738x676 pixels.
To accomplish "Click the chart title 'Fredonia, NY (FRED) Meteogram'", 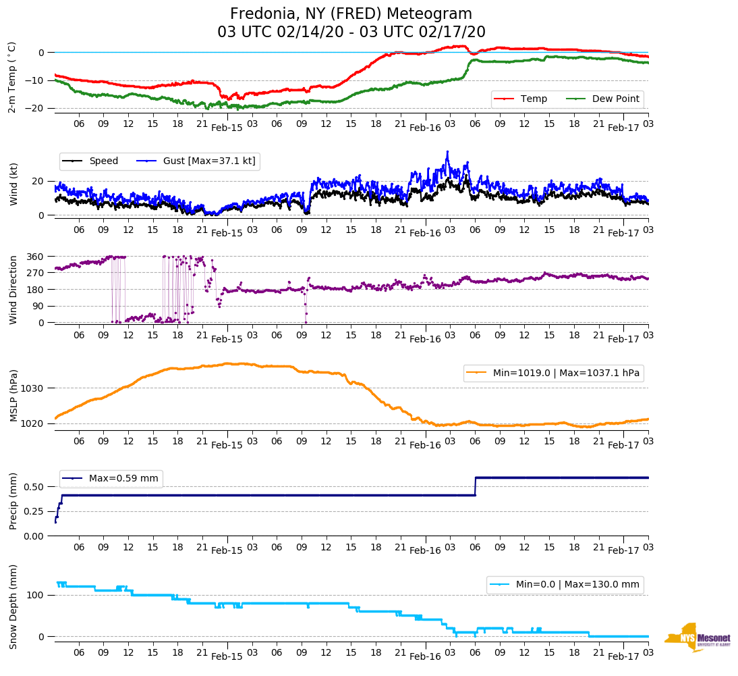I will tap(351, 14).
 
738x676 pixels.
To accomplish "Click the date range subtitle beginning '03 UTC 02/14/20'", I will tap(351, 32).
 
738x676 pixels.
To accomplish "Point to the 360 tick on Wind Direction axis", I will tap(35, 257).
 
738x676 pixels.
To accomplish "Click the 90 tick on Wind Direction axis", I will tap(38, 306).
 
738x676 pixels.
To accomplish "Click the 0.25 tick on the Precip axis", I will tap(33, 511).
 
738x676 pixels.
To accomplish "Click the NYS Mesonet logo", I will tap(698, 638).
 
